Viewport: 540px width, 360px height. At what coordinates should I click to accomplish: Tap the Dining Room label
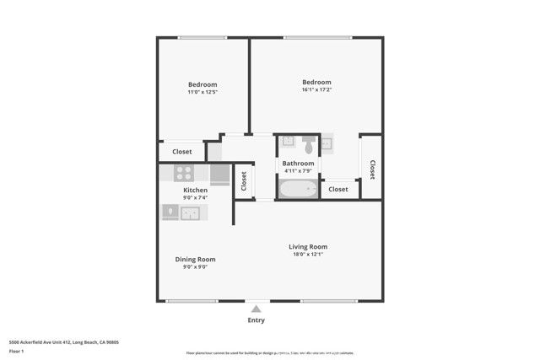(x=195, y=259)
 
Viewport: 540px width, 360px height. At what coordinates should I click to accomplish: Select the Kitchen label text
(x=195, y=191)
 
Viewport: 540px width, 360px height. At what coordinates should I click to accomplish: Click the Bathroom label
(x=298, y=164)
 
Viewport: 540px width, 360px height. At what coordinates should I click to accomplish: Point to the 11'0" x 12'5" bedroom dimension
(x=202, y=92)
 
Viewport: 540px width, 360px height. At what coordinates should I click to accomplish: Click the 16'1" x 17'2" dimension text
(x=316, y=90)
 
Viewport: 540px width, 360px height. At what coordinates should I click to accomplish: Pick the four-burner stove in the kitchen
(x=184, y=174)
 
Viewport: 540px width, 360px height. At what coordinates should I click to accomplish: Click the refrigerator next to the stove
(x=219, y=175)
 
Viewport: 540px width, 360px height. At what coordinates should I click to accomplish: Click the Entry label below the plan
(x=256, y=320)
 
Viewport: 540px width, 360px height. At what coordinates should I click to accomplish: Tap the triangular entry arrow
(x=256, y=309)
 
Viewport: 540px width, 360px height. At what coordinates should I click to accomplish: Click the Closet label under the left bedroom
(x=181, y=152)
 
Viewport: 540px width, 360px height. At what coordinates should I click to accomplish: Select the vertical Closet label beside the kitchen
(x=244, y=180)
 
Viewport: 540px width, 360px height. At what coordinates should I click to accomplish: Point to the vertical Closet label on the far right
(x=372, y=169)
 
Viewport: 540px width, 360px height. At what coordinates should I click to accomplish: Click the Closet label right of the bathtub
(x=337, y=190)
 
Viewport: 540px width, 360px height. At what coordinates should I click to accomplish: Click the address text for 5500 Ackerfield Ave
(x=63, y=342)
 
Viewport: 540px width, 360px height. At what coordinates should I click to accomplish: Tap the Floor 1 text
(x=17, y=351)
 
